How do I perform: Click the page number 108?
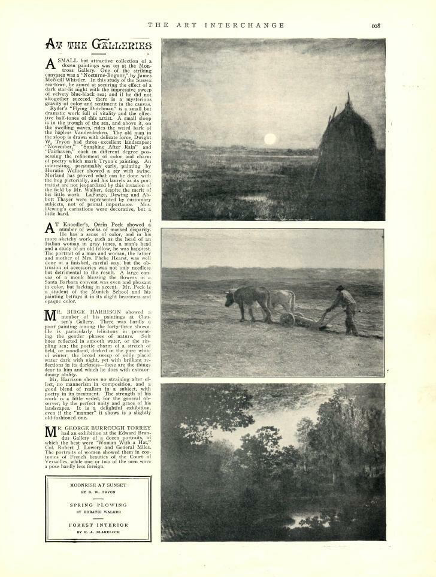point(376,25)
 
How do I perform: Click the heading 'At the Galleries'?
point(98,46)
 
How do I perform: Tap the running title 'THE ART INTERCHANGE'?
point(216,25)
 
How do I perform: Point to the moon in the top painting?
point(270,139)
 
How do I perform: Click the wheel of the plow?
point(287,319)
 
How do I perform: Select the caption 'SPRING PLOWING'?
point(98,505)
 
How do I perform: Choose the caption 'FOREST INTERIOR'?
point(98,524)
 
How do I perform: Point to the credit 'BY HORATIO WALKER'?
point(98,512)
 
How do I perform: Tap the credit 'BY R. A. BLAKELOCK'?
point(98,532)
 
